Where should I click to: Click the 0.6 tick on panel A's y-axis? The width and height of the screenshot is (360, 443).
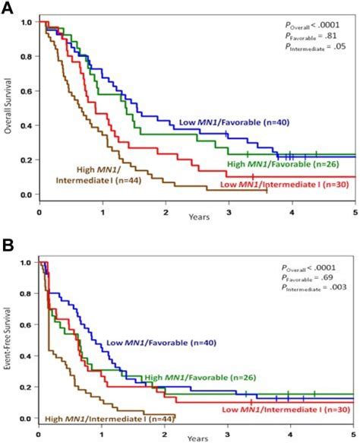[28, 91]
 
